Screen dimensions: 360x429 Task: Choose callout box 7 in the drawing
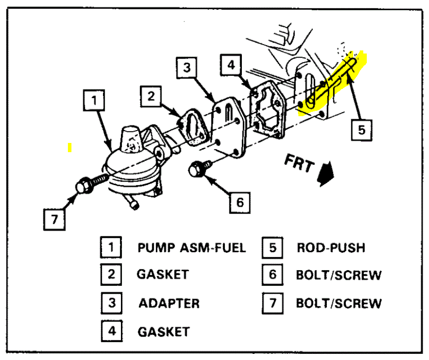(54, 219)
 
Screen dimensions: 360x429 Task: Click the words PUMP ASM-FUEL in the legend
(191, 248)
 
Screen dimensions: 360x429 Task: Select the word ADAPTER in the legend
(169, 303)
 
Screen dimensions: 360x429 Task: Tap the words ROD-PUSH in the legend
(330, 248)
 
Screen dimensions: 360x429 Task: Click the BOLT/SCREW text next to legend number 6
(338, 275)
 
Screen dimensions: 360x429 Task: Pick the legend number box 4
(112, 331)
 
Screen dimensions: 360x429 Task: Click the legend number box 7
(273, 303)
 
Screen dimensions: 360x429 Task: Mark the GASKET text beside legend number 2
(163, 275)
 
